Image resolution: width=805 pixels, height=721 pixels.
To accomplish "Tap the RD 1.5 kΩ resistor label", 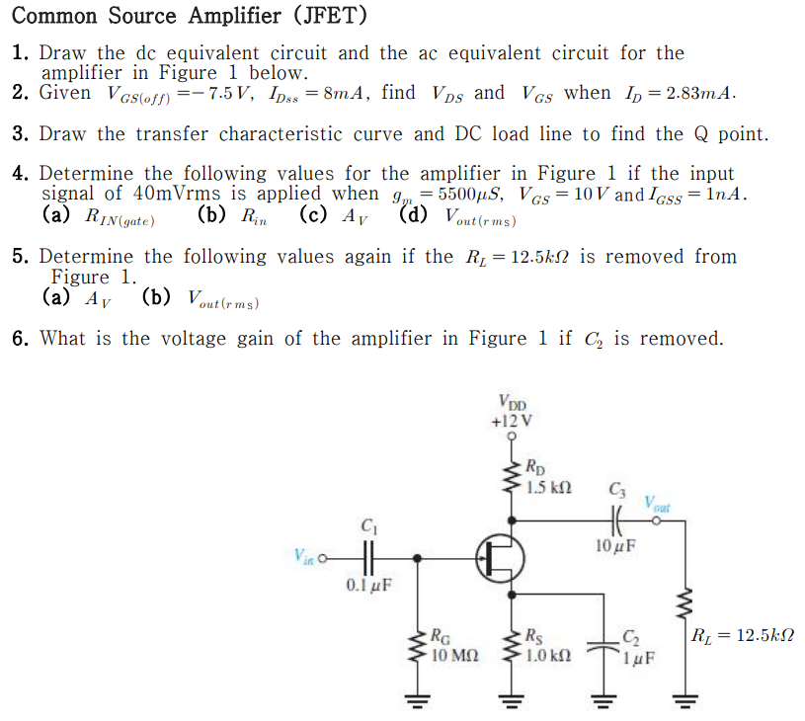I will (546, 478).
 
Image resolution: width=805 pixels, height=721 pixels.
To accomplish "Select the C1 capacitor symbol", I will (369, 557).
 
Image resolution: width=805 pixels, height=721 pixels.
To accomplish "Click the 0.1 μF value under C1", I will (367, 585).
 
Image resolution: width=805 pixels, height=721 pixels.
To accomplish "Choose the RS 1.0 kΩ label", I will (547, 646).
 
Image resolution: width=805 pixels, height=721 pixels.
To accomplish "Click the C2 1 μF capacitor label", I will (632, 646).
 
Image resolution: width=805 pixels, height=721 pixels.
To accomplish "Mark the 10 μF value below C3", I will (615, 544).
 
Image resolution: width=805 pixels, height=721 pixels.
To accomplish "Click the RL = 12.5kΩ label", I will (744, 636).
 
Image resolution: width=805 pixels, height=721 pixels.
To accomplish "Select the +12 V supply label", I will (512, 420).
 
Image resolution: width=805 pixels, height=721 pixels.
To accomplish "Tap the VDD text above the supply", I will (513, 402).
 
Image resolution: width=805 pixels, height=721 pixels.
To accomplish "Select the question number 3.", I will (19, 134).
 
